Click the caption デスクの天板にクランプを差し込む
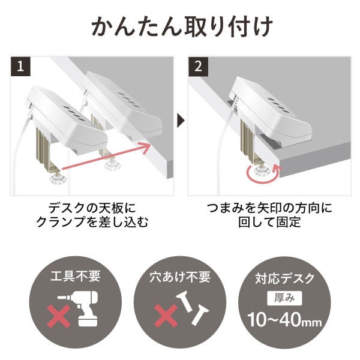(92, 215)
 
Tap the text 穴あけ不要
(180, 277)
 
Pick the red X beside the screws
(164, 316)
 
